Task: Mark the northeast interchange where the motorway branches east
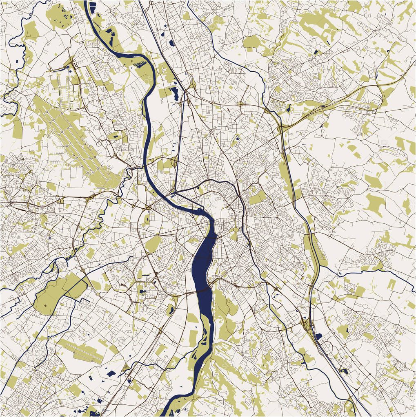281,128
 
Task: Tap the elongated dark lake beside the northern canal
176,93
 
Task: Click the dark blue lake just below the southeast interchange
318,336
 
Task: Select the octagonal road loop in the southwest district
141,289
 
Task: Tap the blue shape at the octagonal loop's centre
142,290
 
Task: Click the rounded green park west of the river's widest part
153,244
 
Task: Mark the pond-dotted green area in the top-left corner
59,15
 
